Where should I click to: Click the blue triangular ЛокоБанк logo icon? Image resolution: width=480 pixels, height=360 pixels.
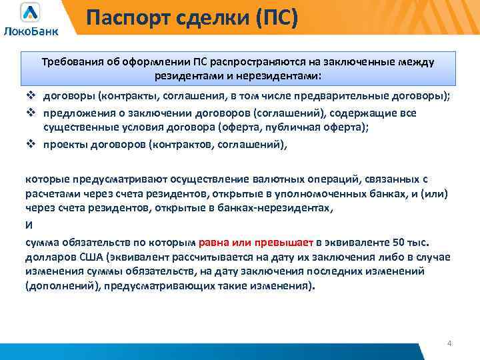pyautogui.click(x=29, y=13)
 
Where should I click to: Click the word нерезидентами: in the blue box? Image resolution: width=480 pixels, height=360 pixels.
pyautogui.click(x=282, y=75)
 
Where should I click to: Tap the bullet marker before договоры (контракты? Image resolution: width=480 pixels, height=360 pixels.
pyautogui.click(x=30, y=96)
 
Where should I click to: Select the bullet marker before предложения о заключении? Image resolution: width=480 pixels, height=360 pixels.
pyautogui.click(x=30, y=113)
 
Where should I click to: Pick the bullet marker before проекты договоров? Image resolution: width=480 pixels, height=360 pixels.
pyautogui.click(x=30, y=142)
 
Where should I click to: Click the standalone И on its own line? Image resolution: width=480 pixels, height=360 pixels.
pyautogui.click(x=28, y=225)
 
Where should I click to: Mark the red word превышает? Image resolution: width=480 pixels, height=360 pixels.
pyautogui.click(x=285, y=242)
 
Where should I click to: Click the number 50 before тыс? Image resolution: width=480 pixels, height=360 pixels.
pyautogui.click(x=397, y=242)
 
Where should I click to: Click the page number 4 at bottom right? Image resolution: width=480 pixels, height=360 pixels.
pyautogui.click(x=449, y=343)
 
